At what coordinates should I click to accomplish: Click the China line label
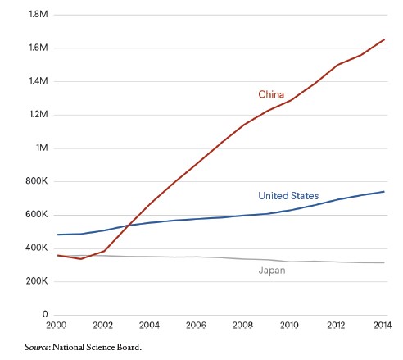coord(272,94)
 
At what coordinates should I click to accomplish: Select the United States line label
coord(288,196)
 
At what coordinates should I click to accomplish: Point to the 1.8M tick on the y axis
coord(37,15)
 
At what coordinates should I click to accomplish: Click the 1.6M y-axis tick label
coord(37,48)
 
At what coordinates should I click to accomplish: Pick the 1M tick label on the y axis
coord(40,148)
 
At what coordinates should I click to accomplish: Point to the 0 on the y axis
coord(44,315)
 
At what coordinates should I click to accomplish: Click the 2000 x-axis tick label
coord(56,326)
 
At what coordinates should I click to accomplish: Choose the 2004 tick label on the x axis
coord(150,326)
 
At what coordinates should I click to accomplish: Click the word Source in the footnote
coord(38,347)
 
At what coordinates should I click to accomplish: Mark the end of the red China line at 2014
coord(384,39)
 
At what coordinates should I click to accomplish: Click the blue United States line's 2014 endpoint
coord(384,192)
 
